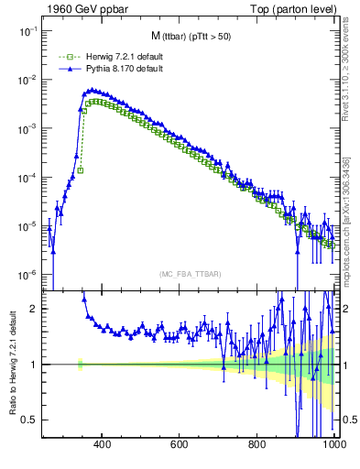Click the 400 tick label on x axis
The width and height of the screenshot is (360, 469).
[102, 445]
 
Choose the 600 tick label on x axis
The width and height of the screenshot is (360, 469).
[180, 445]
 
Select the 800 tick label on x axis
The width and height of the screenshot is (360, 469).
[257, 445]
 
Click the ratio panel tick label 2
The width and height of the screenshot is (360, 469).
[34, 309]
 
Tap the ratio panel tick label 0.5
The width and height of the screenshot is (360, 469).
[30, 420]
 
